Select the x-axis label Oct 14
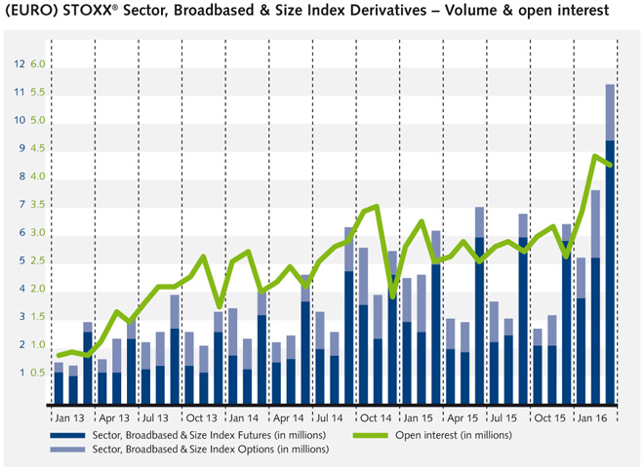tap(375, 414)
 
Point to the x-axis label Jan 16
tap(593, 414)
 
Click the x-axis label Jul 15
tap(505, 414)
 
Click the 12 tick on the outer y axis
tap(20, 64)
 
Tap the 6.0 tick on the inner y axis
tap(39, 64)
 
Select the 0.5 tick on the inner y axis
tap(39, 373)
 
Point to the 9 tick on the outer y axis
tap(20, 148)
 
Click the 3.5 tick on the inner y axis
tap(39, 205)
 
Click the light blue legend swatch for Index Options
tap(67, 450)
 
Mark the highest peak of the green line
tap(596, 156)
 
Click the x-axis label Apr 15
tap(463, 414)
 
